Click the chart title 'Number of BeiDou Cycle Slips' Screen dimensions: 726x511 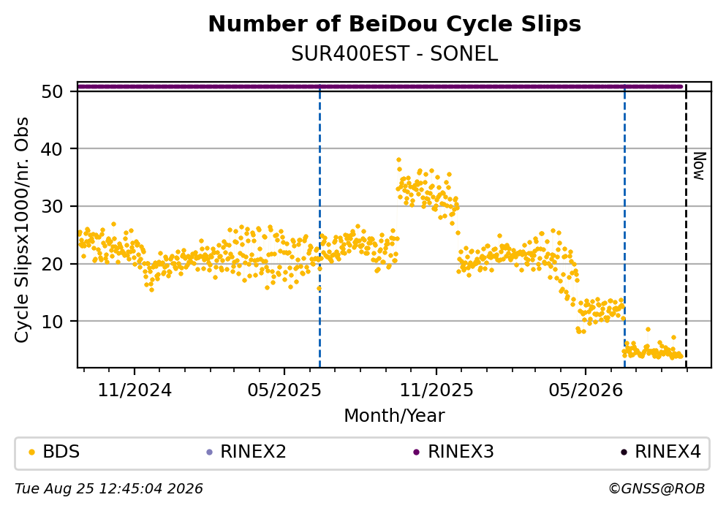pyautogui.click(x=395, y=24)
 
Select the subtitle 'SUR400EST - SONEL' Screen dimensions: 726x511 pyautogui.click(x=395, y=54)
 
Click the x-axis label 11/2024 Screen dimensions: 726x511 pyautogui.click(x=135, y=390)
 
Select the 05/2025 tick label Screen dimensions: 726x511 pyautogui.click(x=284, y=390)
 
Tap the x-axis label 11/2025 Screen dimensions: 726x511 pyautogui.click(x=436, y=390)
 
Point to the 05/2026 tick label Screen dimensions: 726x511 pyautogui.click(x=586, y=390)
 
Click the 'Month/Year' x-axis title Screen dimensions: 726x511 pyautogui.click(x=395, y=416)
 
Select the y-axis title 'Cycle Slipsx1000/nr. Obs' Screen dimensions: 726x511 pyautogui.click(x=22, y=230)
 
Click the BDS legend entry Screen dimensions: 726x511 pyautogui.click(x=54, y=452)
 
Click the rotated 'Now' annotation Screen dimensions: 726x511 pyautogui.click(x=699, y=166)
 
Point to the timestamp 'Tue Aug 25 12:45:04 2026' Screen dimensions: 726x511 pyautogui.click(x=109, y=489)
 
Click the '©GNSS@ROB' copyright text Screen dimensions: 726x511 pyautogui.click(x=657, y=489)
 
